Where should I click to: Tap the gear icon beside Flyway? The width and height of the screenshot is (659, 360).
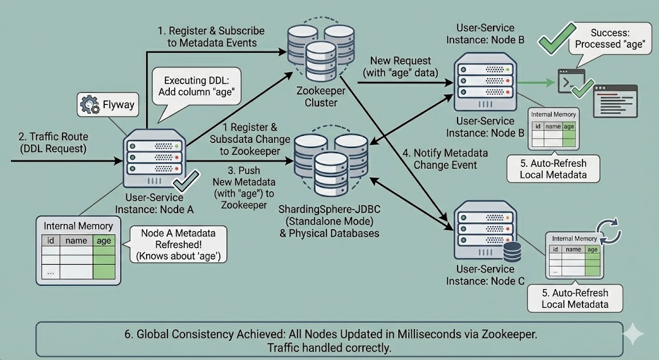(88, 104)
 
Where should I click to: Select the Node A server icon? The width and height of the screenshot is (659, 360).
(154, 158)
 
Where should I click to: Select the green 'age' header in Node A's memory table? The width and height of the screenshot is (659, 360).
(104, 241)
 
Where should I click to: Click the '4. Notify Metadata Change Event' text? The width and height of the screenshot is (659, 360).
(443, 159)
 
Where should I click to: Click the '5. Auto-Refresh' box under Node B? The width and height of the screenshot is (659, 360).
(554, 167)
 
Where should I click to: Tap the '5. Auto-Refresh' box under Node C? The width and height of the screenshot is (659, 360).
(574, 298)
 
